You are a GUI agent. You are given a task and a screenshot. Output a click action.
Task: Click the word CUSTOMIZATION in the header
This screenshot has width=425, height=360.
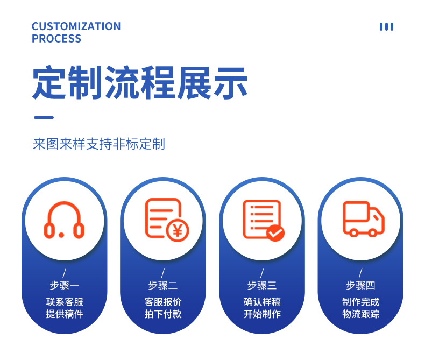tap(76, 26)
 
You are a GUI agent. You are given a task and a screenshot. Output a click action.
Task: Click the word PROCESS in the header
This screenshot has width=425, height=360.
tap(56, 39)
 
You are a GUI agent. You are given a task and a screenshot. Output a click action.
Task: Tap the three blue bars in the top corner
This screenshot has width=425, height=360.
tap(386, 26)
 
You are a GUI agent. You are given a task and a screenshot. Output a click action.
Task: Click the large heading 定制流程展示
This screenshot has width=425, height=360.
tap(140, 83)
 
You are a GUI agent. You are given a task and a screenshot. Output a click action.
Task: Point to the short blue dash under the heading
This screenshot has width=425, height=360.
tap(44, 117)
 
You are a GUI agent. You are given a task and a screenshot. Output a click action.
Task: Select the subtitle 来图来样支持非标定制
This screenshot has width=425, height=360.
tap(98, 144)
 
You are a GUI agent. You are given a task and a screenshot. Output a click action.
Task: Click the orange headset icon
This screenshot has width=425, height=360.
tap(64, 220)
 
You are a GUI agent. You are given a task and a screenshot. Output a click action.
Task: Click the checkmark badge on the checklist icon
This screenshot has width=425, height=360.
tap(275, 232)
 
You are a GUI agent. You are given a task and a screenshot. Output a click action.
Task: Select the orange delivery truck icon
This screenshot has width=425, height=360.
tap(363, 219)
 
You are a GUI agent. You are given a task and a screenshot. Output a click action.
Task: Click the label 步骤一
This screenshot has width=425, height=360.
tap(64, 285)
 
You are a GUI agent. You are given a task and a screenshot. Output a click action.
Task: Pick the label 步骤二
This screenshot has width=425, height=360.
tap(163, 285)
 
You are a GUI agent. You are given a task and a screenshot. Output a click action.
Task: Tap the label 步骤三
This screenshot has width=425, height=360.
tap(262, 285)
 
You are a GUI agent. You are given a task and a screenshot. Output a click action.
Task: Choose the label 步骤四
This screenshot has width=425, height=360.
tap(360, 285)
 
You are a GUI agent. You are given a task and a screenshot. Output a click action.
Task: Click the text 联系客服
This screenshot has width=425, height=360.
tap(64, 302)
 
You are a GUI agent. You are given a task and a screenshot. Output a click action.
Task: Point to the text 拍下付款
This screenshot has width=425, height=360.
tap(163, 314)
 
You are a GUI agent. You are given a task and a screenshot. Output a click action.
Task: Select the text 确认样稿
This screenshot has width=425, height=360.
tap(262, 302)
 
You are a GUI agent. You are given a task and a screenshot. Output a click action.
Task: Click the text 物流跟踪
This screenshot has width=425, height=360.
tap(360, 314)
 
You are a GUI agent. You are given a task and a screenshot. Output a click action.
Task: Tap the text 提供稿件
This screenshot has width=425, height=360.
tap(64, 314)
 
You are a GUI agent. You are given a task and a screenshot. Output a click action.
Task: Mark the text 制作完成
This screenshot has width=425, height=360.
tap(360, 302)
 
